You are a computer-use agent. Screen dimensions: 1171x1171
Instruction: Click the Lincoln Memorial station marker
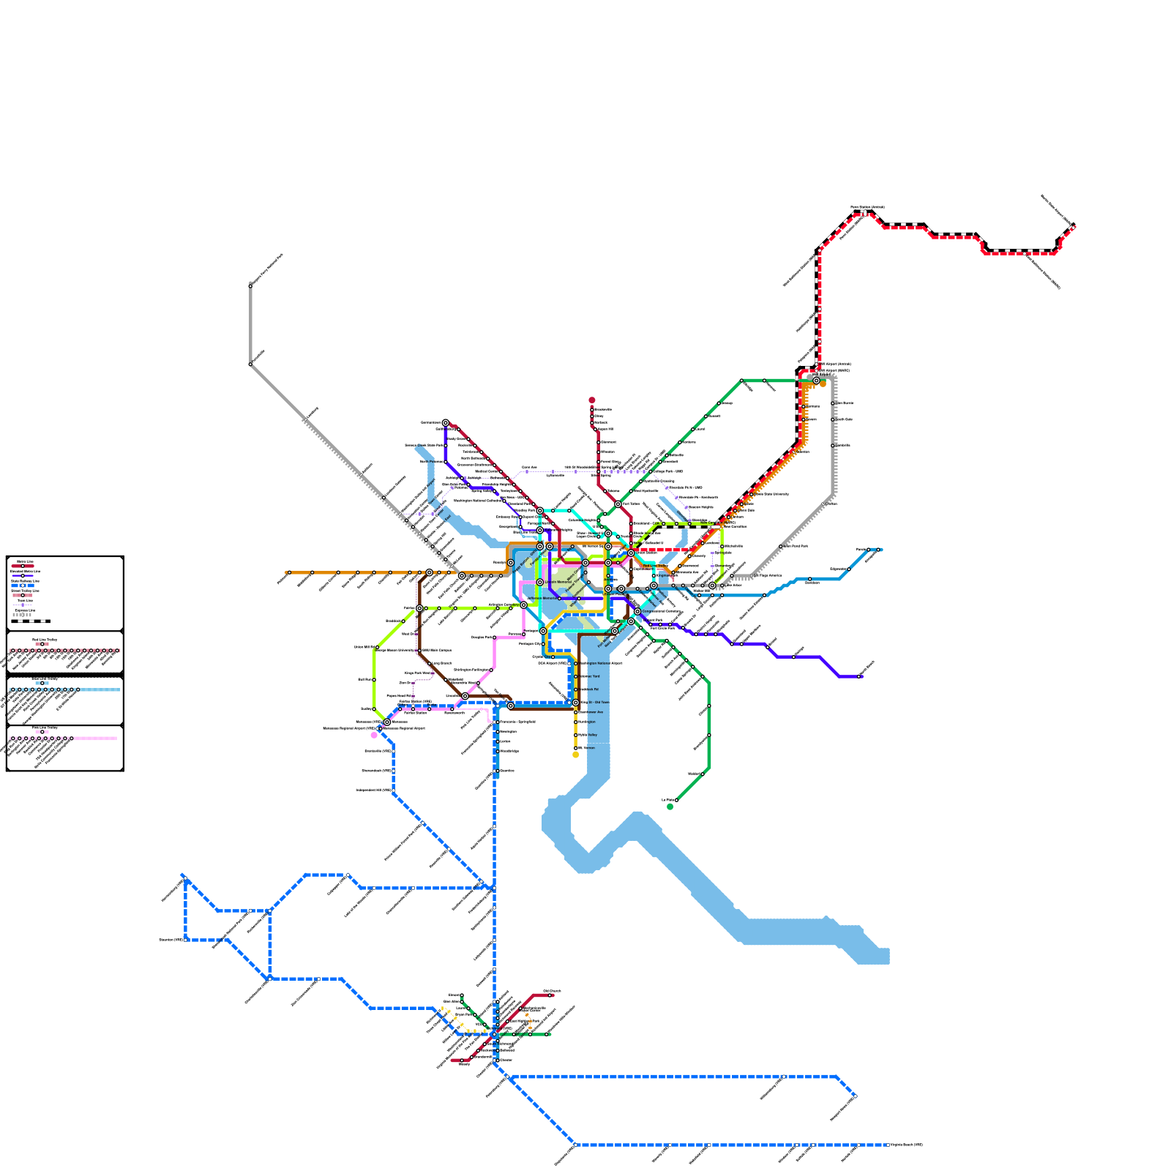click(x=540, y=583)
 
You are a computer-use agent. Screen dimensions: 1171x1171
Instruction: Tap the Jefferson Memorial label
click(x=542, y=599)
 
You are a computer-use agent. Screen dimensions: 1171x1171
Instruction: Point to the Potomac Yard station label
click(x=590, y=676)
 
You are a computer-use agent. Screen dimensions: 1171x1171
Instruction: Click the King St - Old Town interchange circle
click(x=576, y=703)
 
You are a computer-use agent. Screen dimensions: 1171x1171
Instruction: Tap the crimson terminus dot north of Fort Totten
click(x=592, y=400)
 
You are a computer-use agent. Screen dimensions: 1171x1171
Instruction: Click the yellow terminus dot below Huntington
click(x=576, y=755)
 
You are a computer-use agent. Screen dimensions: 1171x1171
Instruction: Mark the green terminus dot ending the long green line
click(x=670, y=807)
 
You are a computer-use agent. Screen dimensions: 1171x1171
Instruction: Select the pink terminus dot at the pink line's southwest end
click(x=375, y=735)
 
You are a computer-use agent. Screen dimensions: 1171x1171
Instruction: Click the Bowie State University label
click(x=771, y=494)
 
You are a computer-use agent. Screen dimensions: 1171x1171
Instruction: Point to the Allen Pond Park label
click(x=796, y=546)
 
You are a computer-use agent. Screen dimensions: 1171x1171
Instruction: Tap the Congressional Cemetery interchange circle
click(x=637, y=611)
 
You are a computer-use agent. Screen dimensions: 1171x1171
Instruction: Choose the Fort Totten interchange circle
click(x=618, y=504)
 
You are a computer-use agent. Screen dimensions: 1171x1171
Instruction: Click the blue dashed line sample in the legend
click(x=22, y=585)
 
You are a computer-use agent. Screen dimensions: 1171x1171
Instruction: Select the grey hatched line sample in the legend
click(x=22, y=615)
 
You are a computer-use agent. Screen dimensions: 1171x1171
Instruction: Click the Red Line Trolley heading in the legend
click(x=45, y=640)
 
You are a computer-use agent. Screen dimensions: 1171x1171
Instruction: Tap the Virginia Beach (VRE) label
click(x=906, y=1145)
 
